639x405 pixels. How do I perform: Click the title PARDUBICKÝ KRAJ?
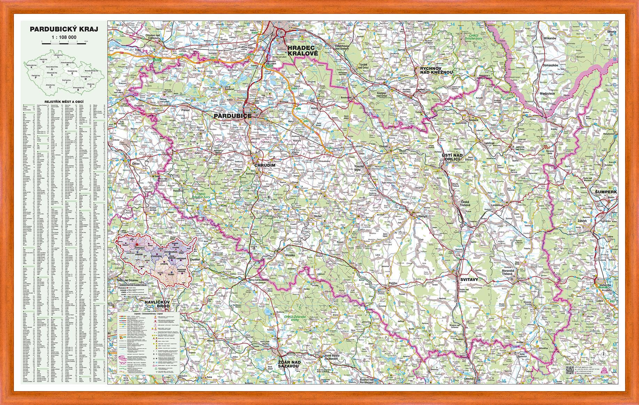pos(64,29)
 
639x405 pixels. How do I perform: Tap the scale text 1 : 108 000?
pos(64,37)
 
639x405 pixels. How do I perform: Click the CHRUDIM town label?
pos(265,165)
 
